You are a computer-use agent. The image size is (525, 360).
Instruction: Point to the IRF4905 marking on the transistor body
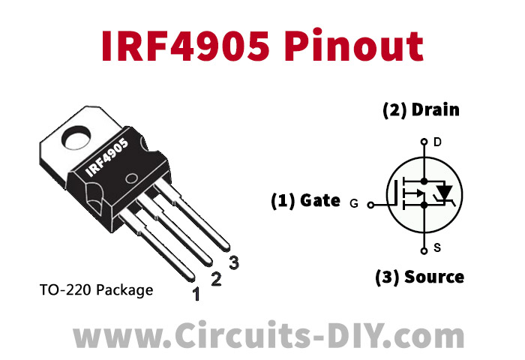(x=106, y=158)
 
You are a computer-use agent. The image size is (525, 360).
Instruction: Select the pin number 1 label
(x=196, y=294)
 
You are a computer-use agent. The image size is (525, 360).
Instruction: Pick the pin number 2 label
(x=216, y=280)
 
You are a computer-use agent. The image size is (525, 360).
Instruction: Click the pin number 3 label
(x=234, y=262)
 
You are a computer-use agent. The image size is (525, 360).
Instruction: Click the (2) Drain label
(x=421, y=109)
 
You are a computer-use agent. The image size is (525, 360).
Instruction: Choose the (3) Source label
(x=419, y=277)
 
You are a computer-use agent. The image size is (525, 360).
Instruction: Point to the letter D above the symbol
(x=438, y=142)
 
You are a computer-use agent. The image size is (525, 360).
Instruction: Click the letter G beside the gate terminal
(x=355, y=202)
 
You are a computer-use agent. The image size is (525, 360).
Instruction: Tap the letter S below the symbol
(x=438, y=249)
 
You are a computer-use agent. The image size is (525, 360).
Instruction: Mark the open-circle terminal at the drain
(x=424, y=141)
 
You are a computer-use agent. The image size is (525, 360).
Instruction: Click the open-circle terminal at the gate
(x=370, y=202)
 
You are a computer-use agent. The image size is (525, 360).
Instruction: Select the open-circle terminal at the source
(x=424, y=250)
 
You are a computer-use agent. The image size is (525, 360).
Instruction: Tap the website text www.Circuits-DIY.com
(x=262, y=333)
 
